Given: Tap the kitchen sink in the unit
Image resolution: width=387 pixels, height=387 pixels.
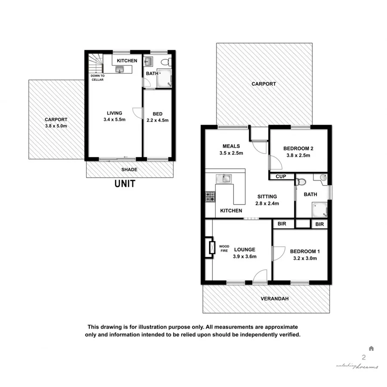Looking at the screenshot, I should click(120, 69).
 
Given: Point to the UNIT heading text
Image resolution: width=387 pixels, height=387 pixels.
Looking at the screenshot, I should click(125, 184).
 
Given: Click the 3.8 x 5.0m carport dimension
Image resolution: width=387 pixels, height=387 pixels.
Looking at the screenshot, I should click(56, 126).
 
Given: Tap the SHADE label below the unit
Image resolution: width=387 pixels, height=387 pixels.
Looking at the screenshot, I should click(129, 170).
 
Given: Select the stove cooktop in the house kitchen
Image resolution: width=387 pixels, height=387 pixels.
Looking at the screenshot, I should click(211, 197).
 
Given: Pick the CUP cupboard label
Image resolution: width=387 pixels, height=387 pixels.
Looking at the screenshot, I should click(281, 176).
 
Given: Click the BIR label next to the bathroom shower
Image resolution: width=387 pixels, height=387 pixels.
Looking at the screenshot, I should click(319, 224).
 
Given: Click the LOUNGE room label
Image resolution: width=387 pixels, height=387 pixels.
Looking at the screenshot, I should click(245, 249).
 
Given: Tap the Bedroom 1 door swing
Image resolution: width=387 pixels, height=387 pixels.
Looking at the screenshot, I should click(278, 253).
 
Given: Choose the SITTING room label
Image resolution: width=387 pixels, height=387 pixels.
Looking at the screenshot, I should click(267, 197).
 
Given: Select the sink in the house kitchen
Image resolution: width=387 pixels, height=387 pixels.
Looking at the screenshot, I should click(224, 178).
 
